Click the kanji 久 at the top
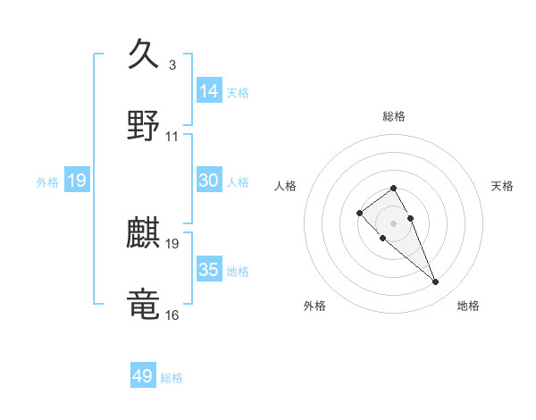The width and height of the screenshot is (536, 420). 144,55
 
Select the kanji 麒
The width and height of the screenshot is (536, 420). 144,234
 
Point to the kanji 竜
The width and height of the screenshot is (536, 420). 144,304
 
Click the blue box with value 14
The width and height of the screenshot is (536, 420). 209,91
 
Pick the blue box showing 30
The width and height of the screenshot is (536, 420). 209,181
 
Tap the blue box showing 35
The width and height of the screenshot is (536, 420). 209,270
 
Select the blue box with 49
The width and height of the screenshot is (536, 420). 143,376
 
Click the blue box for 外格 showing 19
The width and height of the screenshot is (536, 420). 77,181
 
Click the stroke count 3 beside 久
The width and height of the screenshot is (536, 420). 172,65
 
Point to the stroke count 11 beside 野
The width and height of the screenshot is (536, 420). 172,137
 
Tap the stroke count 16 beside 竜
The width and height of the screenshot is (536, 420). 172,315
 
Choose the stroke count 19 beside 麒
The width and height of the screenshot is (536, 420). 172,244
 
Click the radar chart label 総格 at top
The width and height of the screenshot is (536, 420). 394,116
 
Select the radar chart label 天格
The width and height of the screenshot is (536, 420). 502,186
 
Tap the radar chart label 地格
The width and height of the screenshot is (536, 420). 468,306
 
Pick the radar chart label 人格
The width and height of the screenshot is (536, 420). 286,186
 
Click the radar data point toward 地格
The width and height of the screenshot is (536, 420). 435,282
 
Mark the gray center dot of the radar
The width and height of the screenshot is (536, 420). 393,223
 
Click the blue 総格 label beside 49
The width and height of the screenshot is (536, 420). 172,378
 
